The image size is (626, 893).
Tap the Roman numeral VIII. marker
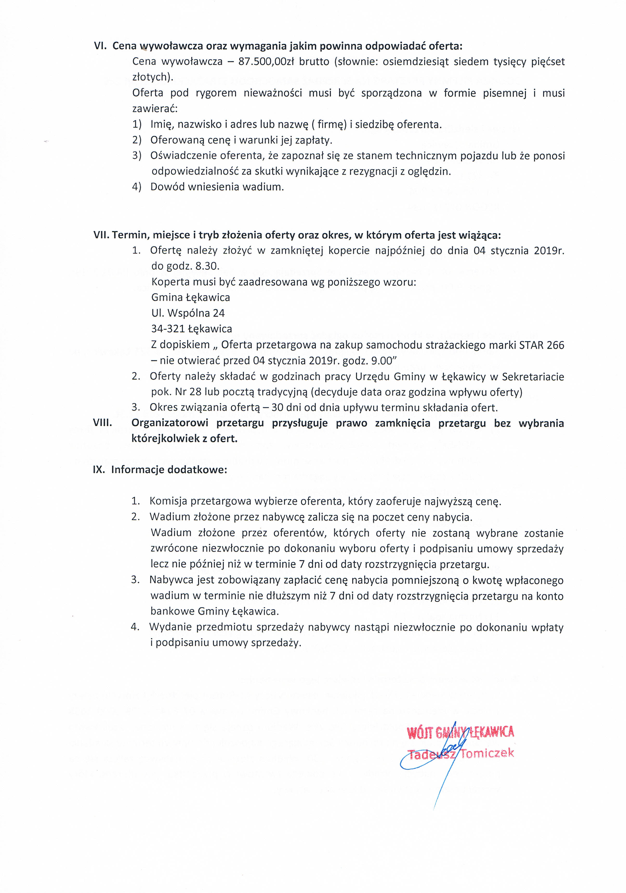103,423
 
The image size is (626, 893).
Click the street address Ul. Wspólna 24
188,313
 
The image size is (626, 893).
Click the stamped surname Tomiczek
487,753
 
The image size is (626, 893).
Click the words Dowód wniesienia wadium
217,187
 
